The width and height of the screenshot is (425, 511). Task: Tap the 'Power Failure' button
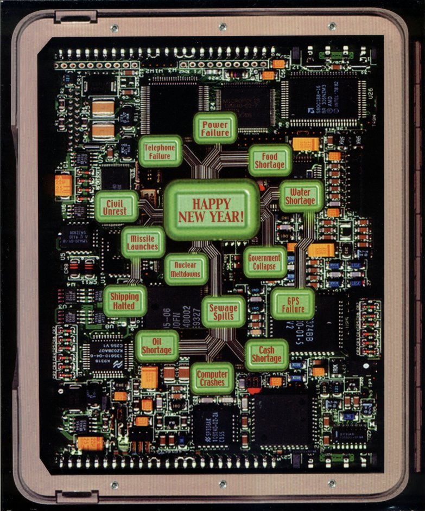pos(215,128)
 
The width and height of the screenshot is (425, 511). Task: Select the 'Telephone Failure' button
pos(160,151)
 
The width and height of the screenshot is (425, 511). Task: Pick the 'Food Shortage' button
pos(270,160)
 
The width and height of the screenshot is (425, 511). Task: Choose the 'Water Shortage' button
pos(300,196)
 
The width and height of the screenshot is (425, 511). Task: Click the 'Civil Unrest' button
pos(117,206)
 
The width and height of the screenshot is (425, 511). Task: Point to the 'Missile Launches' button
pos(142,242)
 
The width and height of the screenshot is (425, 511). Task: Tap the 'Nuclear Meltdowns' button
pos(186,269)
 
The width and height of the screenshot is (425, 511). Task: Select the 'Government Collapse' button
pos(264,262)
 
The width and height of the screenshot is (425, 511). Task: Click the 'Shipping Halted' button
pos(125,301)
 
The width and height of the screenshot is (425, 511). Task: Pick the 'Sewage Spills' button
pos(223,312)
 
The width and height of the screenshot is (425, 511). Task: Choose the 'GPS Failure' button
pos(293,304)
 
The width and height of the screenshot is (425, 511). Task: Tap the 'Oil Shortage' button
pos(157,346)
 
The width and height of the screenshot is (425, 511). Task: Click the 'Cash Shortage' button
pos(267,354)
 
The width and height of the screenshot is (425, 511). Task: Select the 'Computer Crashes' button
pos(212,378)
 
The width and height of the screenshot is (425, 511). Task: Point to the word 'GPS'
pos(293,299)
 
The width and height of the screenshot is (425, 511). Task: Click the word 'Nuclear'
pos(186,265)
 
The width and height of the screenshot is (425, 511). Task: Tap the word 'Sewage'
pos(223,308)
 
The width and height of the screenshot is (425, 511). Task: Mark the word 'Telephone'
pos(160,147)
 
